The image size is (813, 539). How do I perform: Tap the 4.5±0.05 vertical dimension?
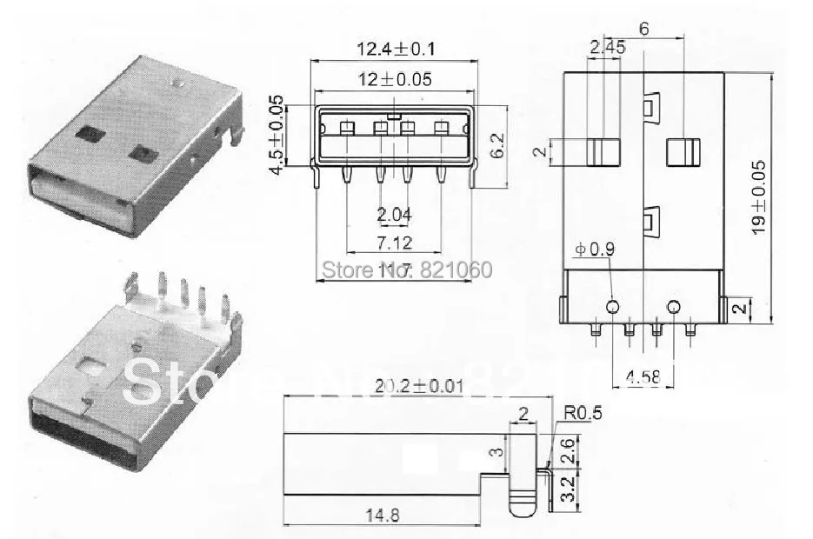click(x=277, y=136)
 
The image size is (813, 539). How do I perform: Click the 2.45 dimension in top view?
click(x=607, y=49)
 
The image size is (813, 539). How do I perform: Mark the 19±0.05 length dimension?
click(x=758, y=197)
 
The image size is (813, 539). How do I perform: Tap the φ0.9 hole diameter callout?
click(x=596, y=250)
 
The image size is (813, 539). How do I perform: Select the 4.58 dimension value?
click(x=643, y=377)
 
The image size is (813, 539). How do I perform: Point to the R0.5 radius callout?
click(x=582, y=414)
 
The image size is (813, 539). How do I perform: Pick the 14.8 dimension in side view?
click(x=382, y=515)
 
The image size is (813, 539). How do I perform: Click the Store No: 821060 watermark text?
click(x=407, y=269)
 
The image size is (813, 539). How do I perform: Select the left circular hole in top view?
click(x=613, y=307)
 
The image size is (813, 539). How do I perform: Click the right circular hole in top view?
click(x=673, y=307)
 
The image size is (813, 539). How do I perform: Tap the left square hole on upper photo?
click(x=90, y=135)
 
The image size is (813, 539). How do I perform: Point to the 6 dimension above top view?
click(x=643, y=28)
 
